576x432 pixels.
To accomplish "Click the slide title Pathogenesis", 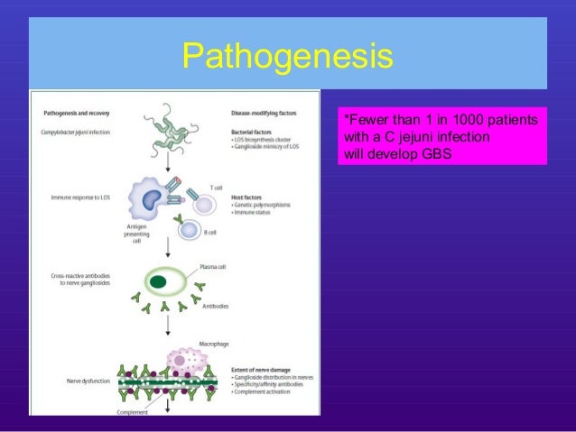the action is coord(287,55).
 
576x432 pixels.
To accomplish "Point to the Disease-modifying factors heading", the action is coord(265,114).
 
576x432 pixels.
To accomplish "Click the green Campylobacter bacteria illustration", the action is coord(171,125).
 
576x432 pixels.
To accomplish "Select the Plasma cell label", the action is coord(211,268).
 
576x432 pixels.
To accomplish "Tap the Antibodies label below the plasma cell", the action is coord(213,306).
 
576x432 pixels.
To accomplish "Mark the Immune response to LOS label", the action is coord(79,197).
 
